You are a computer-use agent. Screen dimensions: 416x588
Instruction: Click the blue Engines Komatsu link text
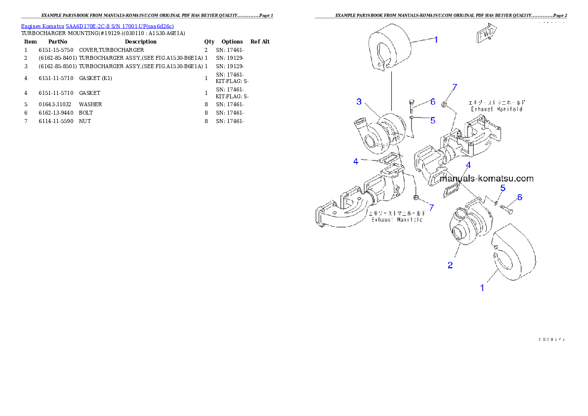tap(97, 26)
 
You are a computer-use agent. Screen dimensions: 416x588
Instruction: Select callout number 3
tap(360, 102)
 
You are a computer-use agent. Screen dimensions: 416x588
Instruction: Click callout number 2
tap(450, 265)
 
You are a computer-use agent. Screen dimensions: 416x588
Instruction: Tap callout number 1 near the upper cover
tap(436, 40)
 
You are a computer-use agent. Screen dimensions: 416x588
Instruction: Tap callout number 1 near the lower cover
tap(483, 287)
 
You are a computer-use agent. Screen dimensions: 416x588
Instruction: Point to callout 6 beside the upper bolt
tap(432, 102)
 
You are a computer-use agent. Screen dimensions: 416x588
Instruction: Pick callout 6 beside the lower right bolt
tap(519, 197)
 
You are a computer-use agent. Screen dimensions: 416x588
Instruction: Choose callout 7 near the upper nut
tap(455, 87)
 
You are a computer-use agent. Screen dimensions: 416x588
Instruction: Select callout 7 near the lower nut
tap(431, 208)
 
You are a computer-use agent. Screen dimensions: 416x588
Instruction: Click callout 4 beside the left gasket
tap(356, 161)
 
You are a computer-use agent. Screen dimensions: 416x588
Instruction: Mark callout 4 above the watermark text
tap(468, 165)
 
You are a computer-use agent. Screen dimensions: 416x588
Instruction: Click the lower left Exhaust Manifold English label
tap(397, 219)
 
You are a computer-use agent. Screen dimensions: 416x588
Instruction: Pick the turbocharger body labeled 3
tap(380, 132)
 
